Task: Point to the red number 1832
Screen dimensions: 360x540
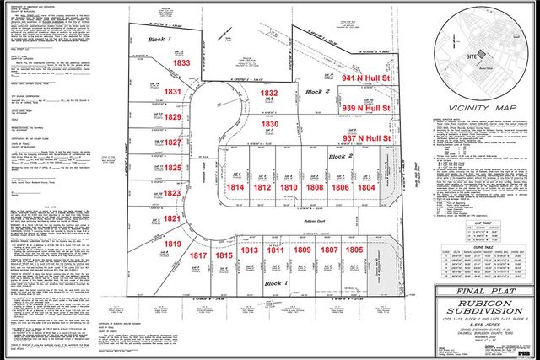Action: point(269,94)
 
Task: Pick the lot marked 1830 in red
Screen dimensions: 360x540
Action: point(269,124)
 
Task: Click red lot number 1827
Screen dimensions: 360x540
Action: point(172,143)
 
